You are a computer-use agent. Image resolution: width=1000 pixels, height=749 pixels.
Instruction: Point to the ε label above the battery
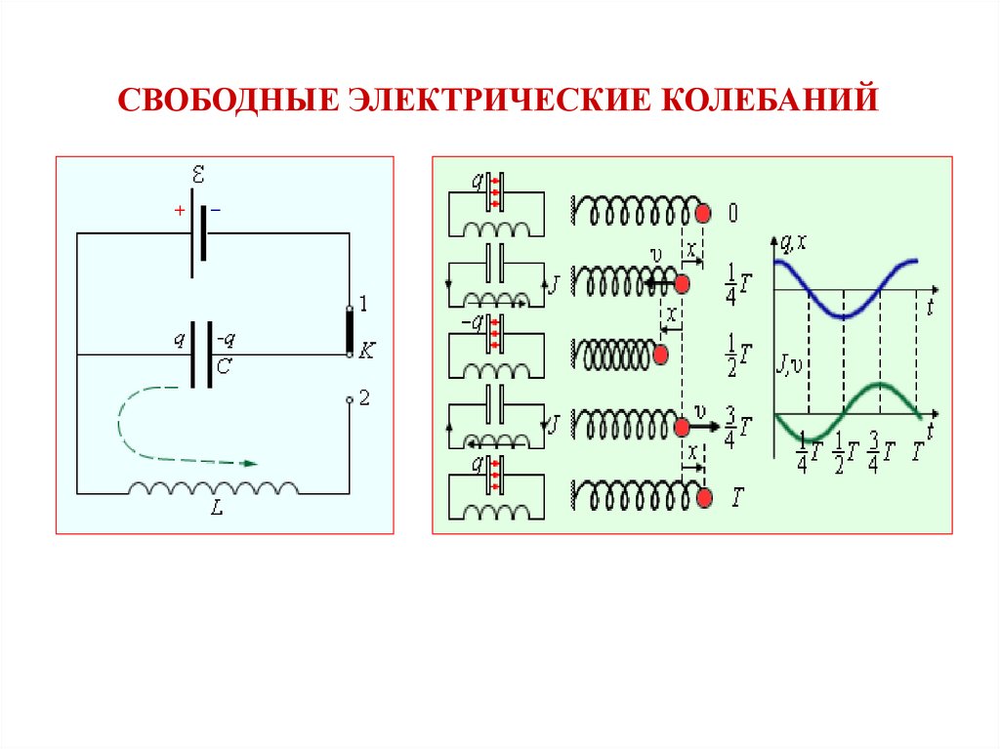[199, 176]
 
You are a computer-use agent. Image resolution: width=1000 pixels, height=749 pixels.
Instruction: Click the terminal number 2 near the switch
[365, 397]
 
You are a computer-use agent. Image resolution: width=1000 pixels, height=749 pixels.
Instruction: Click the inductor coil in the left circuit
[213, 487]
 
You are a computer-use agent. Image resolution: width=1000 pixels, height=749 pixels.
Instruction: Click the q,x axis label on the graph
[794, 241]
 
